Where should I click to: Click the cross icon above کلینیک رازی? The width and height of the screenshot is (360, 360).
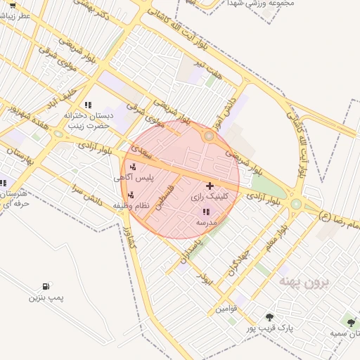[x=210, y=185]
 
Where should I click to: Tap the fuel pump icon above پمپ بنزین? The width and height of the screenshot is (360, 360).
[x=46, y=286]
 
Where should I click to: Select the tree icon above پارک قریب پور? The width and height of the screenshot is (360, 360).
[x=270, y=317]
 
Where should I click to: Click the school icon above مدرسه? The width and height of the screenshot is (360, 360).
[x=206, y=211]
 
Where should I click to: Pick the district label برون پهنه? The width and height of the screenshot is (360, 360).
[x=304, y=282]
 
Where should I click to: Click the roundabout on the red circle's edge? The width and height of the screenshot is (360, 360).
[x=208, y=136]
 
